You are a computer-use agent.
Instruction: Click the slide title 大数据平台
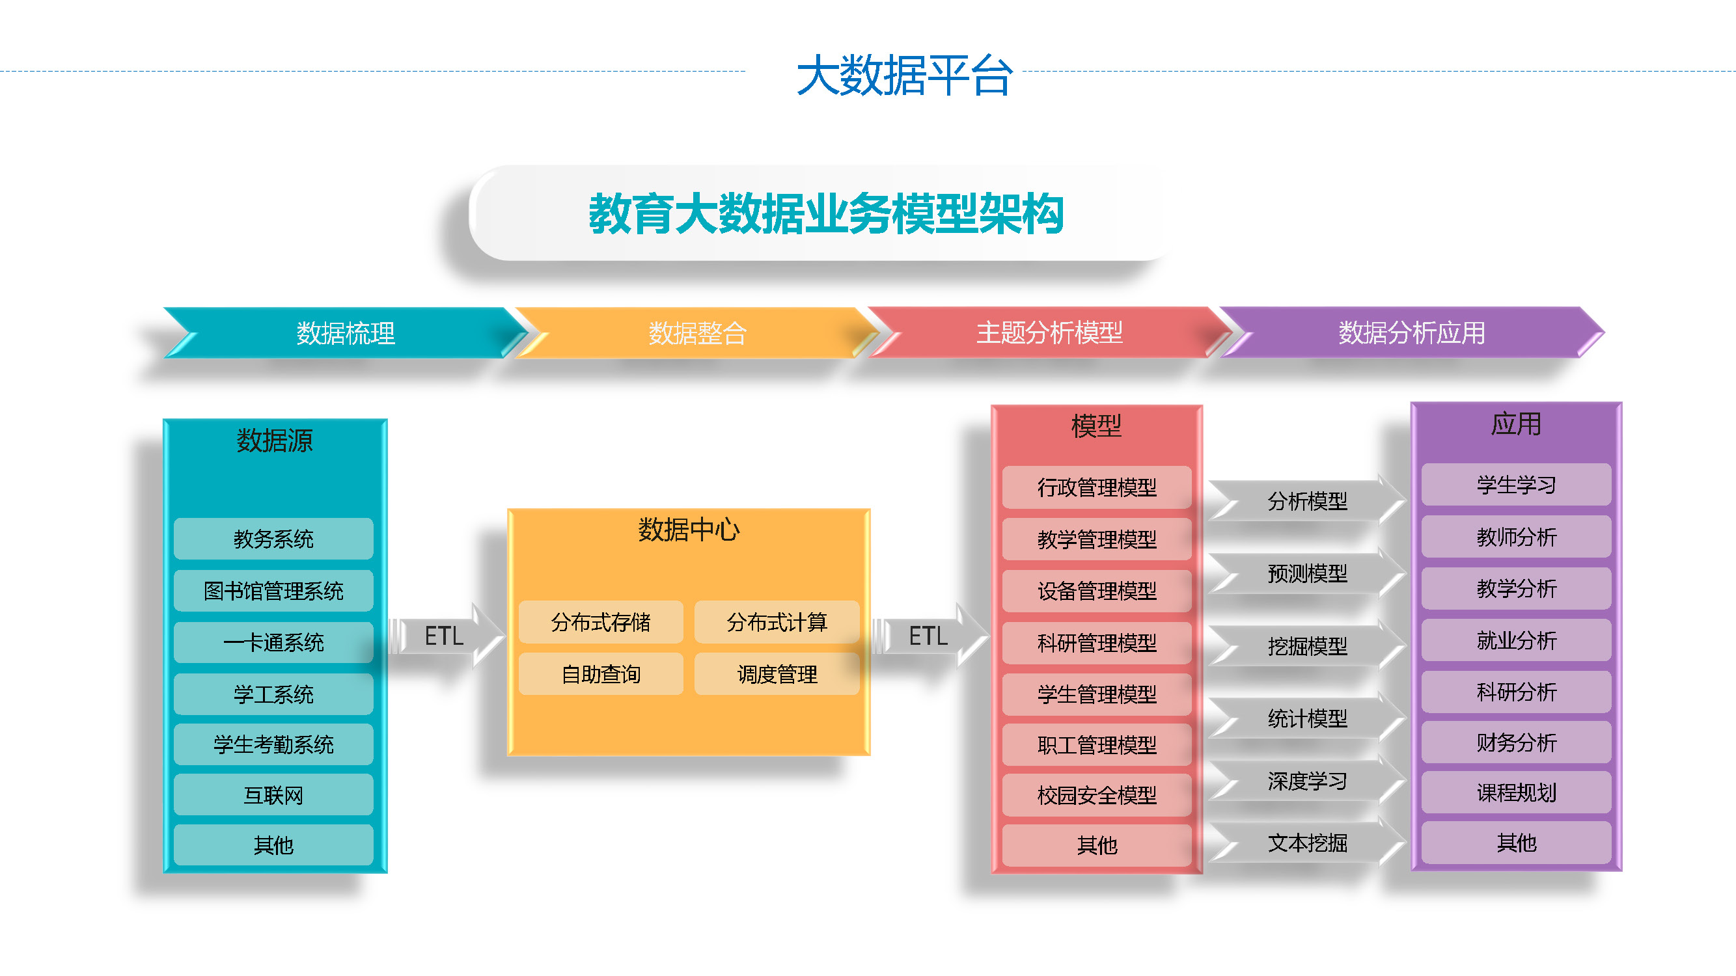coord(904,75)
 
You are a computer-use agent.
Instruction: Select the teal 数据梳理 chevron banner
coord(346,332)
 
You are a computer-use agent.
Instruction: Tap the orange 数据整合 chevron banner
coord(698,332)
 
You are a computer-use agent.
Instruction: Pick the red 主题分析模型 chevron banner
coord(1049,332)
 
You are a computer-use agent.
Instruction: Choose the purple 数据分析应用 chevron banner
coord(1412,332)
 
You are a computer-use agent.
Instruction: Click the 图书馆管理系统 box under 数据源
coord(273,591)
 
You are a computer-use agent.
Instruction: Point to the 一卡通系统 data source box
coord(273,643)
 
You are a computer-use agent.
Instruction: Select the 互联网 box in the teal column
coord(273,795)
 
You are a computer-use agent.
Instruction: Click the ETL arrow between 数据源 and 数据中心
coord(446,636)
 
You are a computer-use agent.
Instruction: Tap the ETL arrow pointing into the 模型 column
coord(930,636)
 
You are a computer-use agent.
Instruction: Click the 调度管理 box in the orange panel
coord(777,673)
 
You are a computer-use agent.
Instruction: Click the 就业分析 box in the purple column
coord(1516,640)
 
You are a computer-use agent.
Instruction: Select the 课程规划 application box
coord(1516,792)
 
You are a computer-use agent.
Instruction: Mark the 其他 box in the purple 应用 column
coord(1516,843)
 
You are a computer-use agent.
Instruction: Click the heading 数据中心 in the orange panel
coord(689,530)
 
